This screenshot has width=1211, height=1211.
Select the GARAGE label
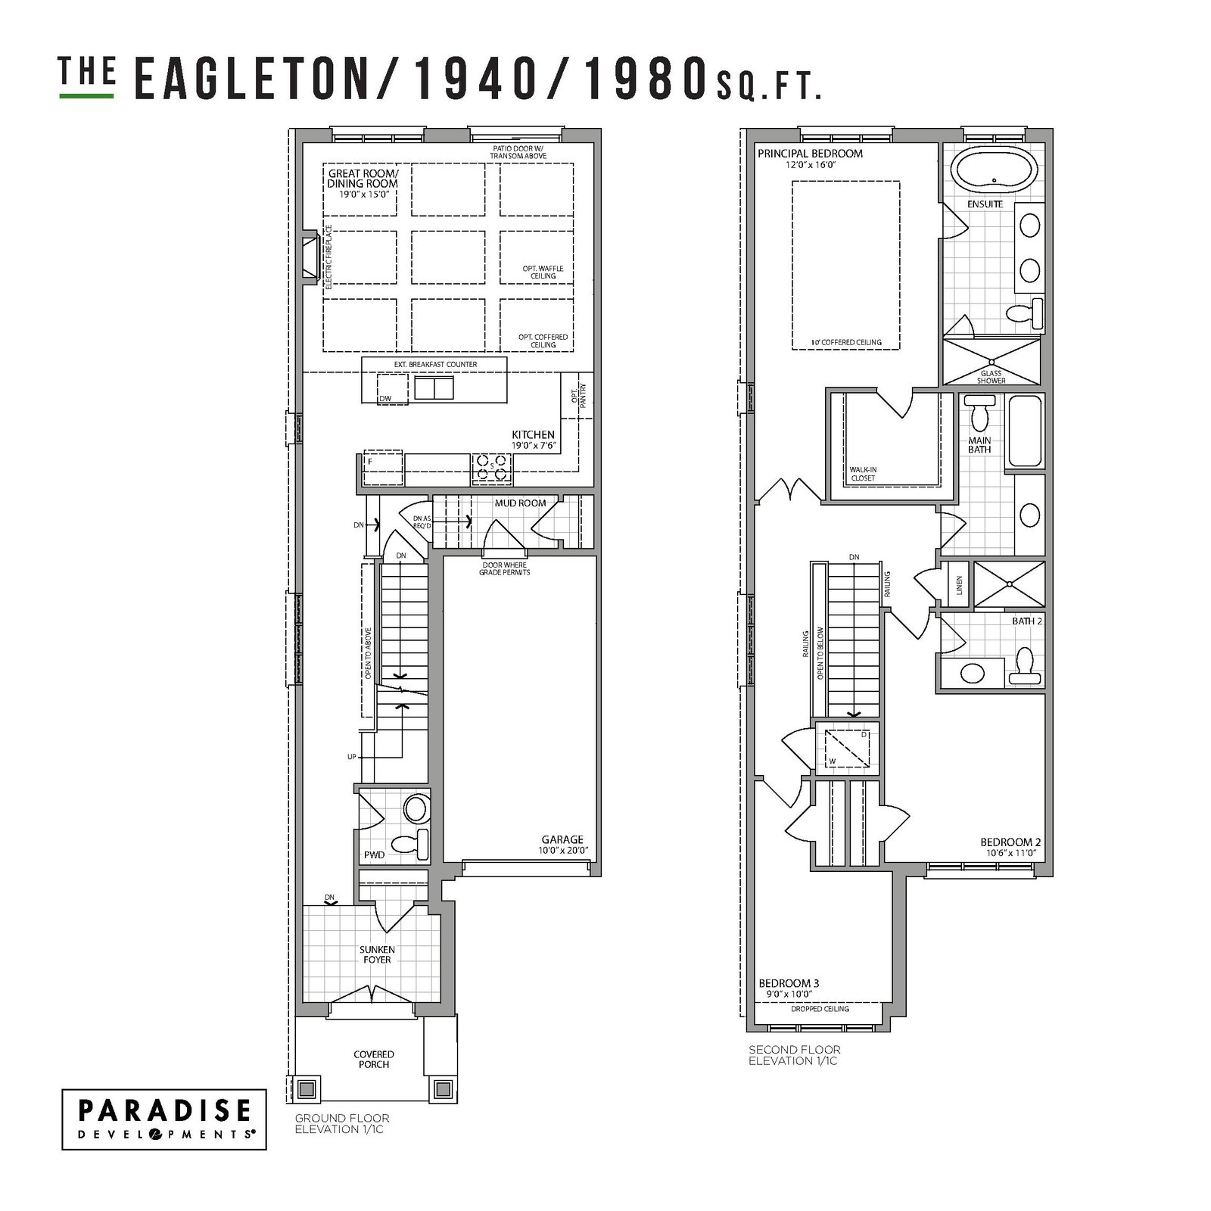(x=562, y=839)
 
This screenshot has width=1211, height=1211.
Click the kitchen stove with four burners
(x=491, y=469)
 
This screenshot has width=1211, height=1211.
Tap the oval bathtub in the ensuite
(x=989, y=171)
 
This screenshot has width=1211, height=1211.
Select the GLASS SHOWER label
(x=991, y=377)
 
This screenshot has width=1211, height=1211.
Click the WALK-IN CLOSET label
(x=862, y=474)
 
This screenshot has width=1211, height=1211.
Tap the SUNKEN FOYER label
(x=377, y=954)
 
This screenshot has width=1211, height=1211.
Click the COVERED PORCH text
(x=374, y=1059)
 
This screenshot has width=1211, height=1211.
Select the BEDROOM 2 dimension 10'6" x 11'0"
(x=1010, y=853)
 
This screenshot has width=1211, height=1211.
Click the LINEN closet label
(x=959, y=585)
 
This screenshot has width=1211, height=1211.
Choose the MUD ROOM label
(x=520, y=503)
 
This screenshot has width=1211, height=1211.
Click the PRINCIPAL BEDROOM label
(x=810, y=154)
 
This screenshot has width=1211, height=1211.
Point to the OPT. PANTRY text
(x=577, y=394)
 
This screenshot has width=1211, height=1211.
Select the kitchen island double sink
(x=434, y=388)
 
